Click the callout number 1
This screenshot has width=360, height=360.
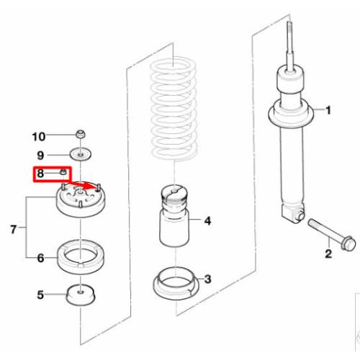click(x=328, y=110)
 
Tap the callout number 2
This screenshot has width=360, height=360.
click(x=328, y=253)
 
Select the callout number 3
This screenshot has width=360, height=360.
click(x=208, y=279)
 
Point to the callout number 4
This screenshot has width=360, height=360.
click(x=207, y=221)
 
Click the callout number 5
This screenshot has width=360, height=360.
click(x=40, y=294)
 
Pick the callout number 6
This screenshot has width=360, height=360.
click(x=40, y=258)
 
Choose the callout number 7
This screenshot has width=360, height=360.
click(x=14, y=229)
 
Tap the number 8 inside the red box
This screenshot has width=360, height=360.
click(x=40, y=173)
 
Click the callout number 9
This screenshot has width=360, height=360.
click(x=40, y=156)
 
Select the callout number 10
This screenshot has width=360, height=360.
click(x=39, y=137)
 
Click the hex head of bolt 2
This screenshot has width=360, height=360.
click(x=348, y=243)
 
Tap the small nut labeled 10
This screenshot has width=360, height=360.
click(x=81, y=134)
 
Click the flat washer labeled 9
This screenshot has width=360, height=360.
click(x=81, y=155)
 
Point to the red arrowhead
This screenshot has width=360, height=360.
click(x=92, y=186)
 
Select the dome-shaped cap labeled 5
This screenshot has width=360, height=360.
click(x=81, y=295)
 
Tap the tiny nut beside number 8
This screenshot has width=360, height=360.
click(x=63, y=171)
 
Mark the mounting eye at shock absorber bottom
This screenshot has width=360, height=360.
click(x=300, y=216)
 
